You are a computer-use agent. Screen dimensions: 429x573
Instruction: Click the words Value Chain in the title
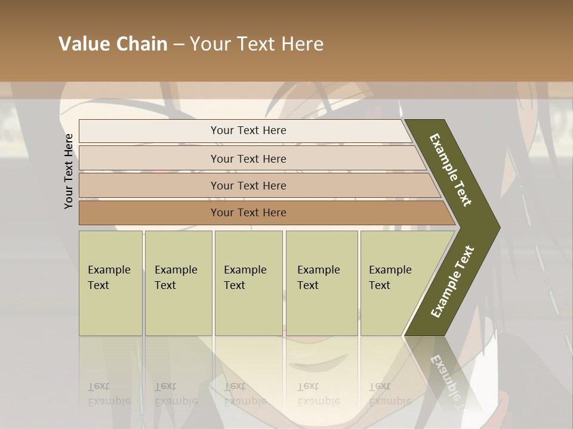[x=113, y=44]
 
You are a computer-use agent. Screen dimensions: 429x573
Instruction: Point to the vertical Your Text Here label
[x=69, y=172]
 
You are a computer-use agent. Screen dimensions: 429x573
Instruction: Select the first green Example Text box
[x=110, y=283]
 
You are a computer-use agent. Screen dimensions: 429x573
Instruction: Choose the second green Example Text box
[x=178, y=283]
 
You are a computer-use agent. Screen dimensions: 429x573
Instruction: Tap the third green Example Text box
[x=248, y=283]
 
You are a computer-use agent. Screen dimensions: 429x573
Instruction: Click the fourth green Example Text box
[x=321, y=283]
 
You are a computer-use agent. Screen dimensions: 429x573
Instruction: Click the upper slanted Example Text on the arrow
[x=451, y=170]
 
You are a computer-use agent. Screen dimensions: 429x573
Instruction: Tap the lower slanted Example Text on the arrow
[x=452, y=281]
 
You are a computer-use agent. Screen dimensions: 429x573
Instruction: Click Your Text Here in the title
[x=257, y=44]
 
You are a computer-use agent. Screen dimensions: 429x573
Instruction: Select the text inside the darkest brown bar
[x=248, y=213]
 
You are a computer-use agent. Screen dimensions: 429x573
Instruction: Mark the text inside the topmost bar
[x=248, y=130]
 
